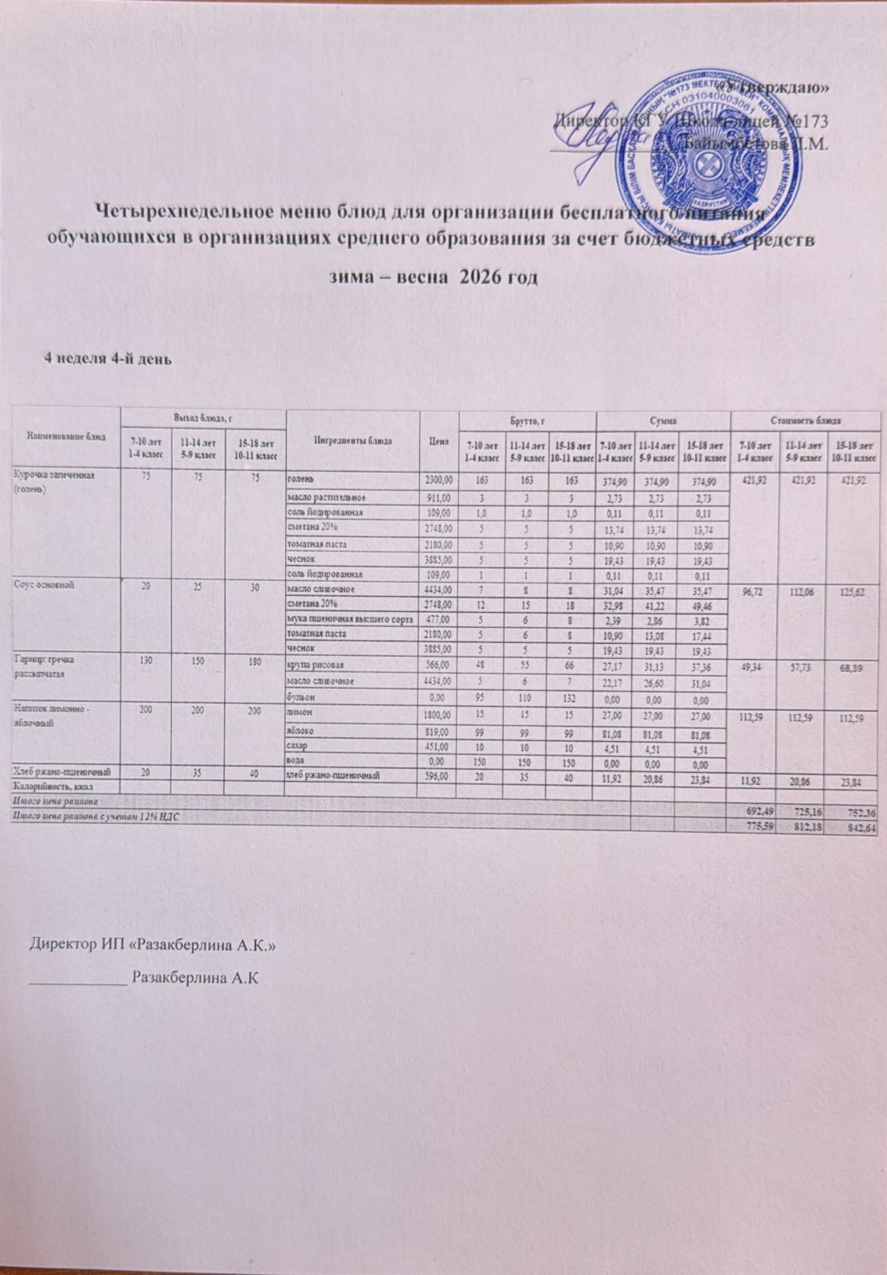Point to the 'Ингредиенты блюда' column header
(x=351, y=441)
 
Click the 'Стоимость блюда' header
(x=807, y=418)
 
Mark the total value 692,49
(x=758, y=810)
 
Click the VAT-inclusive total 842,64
(x=861, y=829)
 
